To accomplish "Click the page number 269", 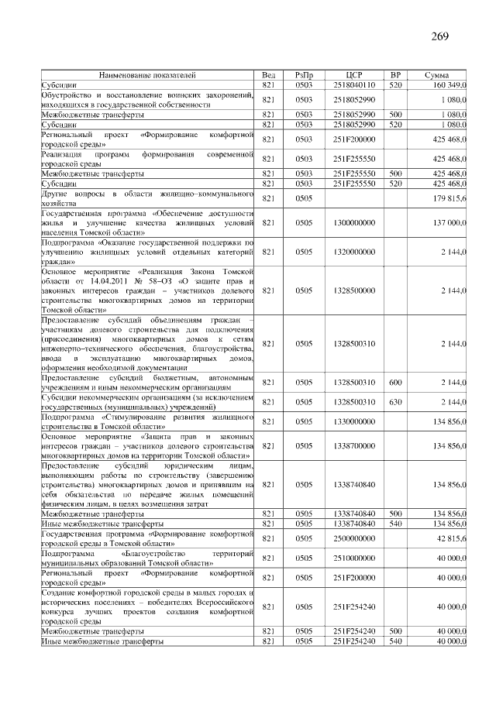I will [439, 36].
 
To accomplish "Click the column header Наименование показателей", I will [146, 74].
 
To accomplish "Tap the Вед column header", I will [269, 74].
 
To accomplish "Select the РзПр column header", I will [304, 74].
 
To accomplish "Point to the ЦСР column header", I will [354, 74].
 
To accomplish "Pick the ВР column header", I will [395, 74].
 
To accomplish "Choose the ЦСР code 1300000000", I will [354, 222].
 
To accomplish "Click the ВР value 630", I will [395, 402].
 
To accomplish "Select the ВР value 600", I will [395, 382].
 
